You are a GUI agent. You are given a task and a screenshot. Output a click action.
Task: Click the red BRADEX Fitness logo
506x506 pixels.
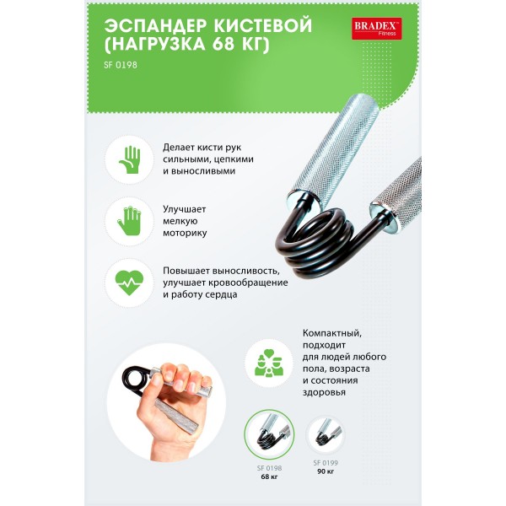coord(377,29)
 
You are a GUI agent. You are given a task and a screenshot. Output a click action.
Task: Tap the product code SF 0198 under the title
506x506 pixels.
coord(121,65)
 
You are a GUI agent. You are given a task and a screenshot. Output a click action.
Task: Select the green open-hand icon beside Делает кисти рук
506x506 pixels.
coord(129,159)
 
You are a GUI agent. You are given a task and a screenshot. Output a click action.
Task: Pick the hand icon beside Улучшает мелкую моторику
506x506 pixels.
coord(129,221)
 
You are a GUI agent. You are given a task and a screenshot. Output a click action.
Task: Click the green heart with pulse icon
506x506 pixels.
coord(129,283)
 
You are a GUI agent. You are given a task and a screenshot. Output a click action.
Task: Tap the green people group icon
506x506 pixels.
coord(269,363)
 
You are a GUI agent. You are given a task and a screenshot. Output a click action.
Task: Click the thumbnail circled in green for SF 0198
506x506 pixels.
coord(269,434)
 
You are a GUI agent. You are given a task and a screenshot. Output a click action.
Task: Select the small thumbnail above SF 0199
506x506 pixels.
coord(326,434)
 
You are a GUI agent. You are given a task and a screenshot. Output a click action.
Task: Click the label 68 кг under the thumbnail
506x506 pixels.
coord(269,476)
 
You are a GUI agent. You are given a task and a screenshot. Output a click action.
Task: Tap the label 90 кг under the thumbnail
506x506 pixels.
coord(326,471)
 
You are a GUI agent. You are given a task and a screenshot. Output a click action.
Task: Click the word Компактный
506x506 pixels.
coord(332,333)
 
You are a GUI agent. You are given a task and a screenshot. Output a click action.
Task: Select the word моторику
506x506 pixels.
coord(185,233)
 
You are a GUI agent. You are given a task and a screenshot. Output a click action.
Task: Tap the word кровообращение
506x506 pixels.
coord(248,283)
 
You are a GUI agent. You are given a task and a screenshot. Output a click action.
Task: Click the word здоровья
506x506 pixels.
coord(324,392)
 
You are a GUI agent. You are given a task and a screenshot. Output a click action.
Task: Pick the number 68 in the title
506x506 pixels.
coord(225,44)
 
